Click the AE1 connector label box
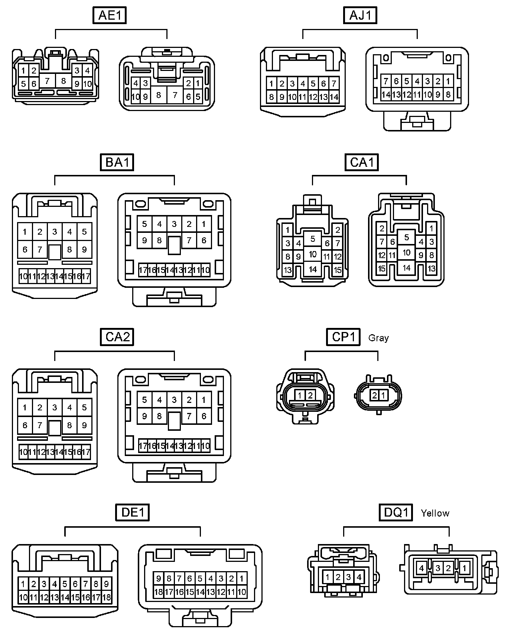click(x=110, y=16)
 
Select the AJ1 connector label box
click(x=360, y=16)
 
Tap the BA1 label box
click(x=117, y=162)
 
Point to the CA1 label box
click(x=362, y=162)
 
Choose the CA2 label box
click(x=117, y=337)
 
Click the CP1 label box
click(x=344, y=337)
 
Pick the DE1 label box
click(x=133, y=513)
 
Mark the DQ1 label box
click(x=396, y=513)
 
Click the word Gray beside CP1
click(x=378, y=338)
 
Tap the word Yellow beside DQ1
click(x=435, y=513)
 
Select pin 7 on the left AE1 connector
click(x=47, y=81)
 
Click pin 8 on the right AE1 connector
click(x=159, y=95)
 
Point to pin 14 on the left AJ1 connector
click(x=334, y=97)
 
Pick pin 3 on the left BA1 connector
click(x=55, y=232)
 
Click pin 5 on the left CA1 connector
click(x=313, y=239)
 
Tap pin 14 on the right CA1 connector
click(x=407, y=268)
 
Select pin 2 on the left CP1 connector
click(x=310, y=396)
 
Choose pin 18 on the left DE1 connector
click(x=107, y=598)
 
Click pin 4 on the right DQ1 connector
click(x=422, y=568)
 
